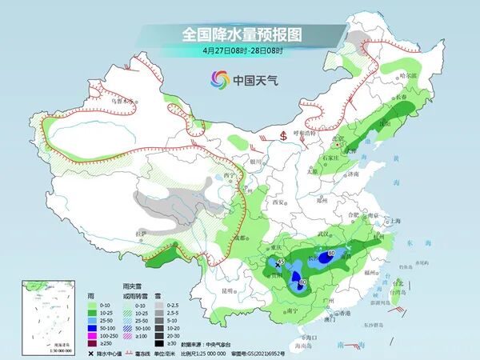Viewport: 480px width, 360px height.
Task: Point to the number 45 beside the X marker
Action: pos(282,260)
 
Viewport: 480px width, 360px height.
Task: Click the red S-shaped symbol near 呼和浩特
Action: pos(283,134)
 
